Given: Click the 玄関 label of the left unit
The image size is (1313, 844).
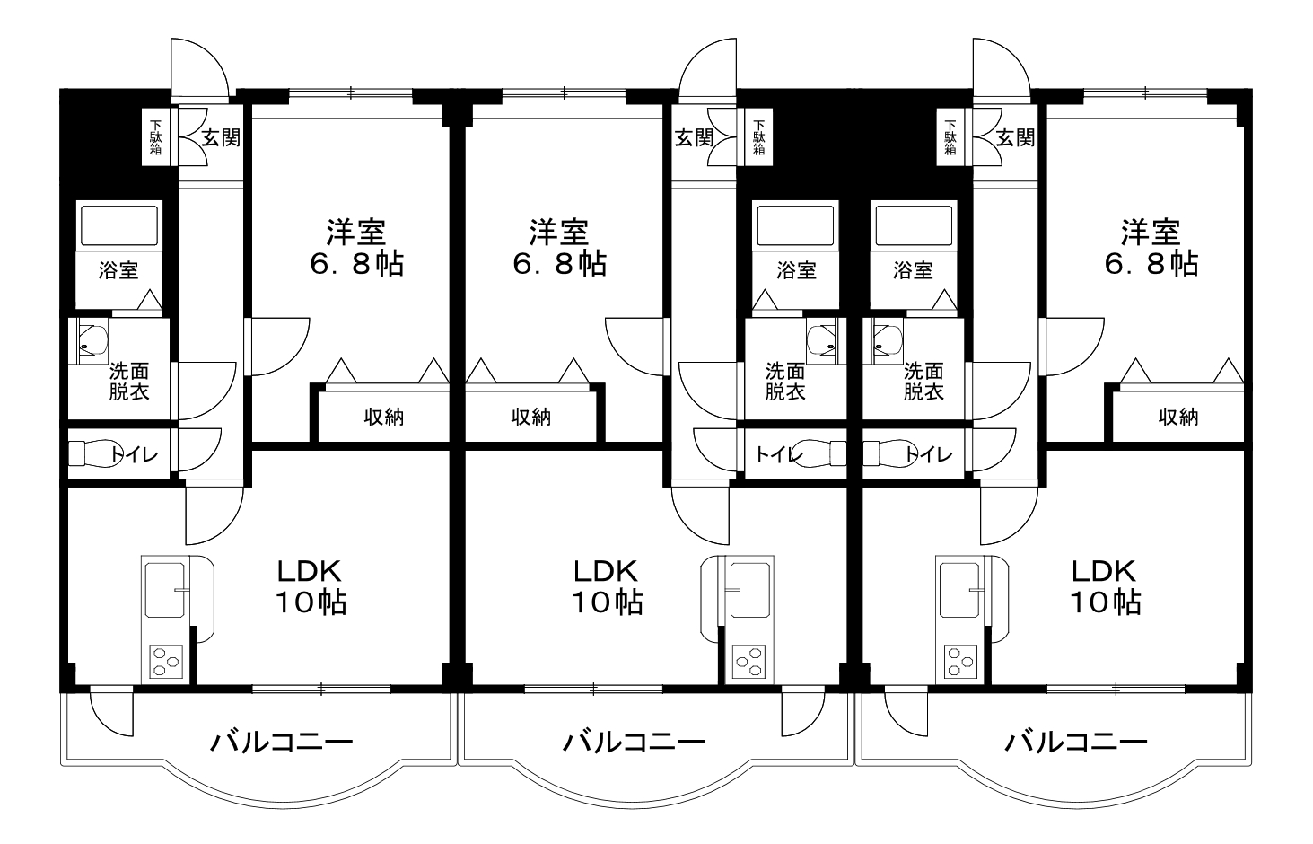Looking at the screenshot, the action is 221,138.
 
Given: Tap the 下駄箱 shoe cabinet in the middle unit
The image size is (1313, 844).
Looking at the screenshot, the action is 759,137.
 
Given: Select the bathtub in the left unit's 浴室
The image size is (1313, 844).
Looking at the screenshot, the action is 119,225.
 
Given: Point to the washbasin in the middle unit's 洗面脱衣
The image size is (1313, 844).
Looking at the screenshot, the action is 822,342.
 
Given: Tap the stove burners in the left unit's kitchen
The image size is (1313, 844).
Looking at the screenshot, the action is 166,661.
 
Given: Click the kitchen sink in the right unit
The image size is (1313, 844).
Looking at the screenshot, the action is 959,590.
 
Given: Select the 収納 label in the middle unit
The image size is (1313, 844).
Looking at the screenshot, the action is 531,417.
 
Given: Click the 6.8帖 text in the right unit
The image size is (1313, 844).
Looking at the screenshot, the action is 1151,264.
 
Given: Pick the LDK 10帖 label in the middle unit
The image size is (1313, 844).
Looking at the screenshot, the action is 608,586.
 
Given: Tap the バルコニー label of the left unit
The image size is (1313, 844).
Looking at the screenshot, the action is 282,743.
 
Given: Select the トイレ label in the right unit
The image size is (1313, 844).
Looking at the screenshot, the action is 929,454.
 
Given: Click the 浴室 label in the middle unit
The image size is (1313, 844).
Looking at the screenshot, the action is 796,270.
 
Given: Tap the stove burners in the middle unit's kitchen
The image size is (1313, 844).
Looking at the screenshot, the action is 749,661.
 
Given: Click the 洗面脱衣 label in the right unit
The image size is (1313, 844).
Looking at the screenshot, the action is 923,382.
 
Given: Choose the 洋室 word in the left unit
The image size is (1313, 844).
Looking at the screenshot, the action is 355,233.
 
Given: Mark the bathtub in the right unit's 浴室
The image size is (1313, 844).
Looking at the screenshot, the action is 914,225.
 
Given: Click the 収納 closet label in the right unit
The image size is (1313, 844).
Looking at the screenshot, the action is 1178,417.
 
